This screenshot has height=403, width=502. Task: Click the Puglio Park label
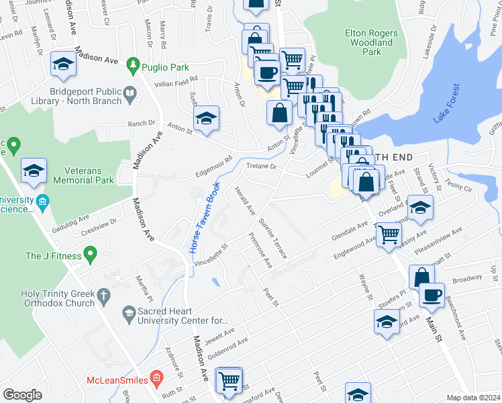164,67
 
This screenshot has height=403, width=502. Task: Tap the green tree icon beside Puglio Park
134,64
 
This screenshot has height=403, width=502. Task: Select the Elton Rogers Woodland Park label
371,42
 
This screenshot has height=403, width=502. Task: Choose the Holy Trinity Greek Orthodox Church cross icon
103,295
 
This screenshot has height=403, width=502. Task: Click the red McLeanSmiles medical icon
156,379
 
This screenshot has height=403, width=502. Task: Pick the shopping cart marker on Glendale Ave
388,235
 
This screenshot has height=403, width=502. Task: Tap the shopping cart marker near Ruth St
229,379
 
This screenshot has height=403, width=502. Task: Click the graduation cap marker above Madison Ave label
63,64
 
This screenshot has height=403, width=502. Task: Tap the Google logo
22,395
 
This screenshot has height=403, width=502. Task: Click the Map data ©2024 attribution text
472,398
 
